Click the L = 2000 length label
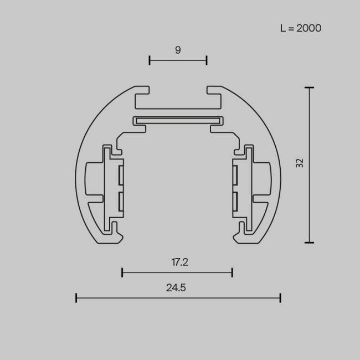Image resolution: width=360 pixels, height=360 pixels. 301,28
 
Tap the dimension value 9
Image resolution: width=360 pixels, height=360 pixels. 178,50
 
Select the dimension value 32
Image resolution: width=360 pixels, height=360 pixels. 300,163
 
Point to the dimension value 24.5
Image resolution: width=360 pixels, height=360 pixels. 176,288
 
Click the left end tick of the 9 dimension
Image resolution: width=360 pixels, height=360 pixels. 150,60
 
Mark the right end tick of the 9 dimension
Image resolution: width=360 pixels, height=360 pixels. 207,60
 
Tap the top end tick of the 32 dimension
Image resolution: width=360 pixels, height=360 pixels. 309,88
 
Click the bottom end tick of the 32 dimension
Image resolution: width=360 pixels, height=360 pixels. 309,242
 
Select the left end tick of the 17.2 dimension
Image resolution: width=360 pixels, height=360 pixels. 122,272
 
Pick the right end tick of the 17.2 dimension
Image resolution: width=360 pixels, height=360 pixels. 232,272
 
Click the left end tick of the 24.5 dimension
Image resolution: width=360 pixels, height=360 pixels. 76,298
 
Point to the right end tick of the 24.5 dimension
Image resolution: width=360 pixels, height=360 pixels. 280,298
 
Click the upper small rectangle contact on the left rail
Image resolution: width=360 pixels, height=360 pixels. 120,175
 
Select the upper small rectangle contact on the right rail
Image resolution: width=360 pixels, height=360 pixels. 235,175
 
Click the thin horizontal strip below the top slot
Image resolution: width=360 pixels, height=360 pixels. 178,120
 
